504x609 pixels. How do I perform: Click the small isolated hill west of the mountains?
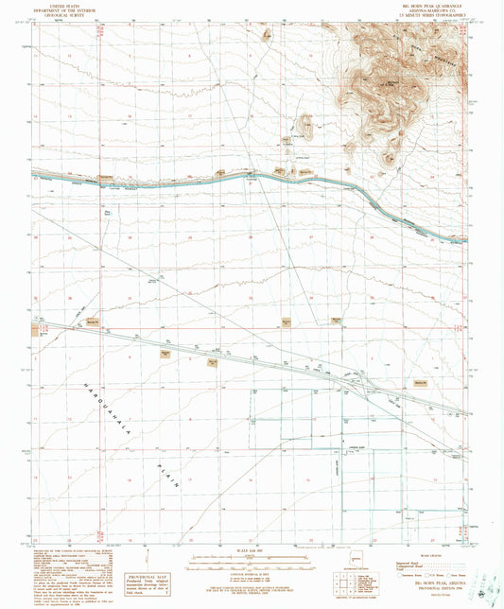(x=304, y=123)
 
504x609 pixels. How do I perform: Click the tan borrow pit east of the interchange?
(x=422, y=382)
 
